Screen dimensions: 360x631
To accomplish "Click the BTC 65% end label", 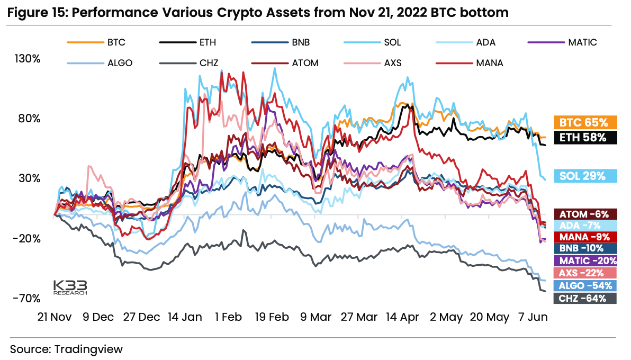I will [x=585, y=122].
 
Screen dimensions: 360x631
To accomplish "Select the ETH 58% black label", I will [x=585, y=138].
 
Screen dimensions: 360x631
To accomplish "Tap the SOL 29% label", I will [x=585, y=176].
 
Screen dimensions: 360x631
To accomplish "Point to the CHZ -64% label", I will [x=585, y=298].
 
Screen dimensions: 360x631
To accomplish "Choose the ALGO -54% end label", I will [x=585, y=286].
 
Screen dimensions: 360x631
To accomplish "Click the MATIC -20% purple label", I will [x=585, y=260].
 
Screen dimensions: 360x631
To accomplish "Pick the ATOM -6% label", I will [x=585, y=214].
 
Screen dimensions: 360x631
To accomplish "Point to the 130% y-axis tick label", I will [x=28, y=58].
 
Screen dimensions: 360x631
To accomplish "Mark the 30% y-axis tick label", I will [x=30, y=178].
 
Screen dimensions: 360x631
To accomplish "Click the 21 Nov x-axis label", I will [x=55, y=317].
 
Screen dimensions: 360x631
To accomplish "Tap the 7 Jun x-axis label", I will [x=532, y=317].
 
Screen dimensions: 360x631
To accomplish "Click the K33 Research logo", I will [x=70, y=286].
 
